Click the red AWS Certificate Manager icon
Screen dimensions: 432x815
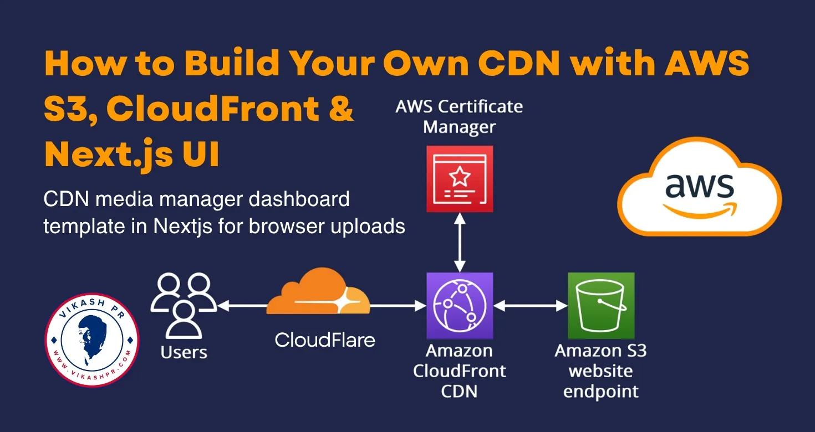tap(460, 179)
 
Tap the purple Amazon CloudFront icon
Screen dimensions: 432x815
tap(460, 305)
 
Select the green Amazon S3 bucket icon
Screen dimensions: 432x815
tap(601, 305)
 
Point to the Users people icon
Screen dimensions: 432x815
tap(184, 306)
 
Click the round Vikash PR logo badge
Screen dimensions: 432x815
tap(91, 340)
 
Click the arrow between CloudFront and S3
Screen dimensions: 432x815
tap(530, 305)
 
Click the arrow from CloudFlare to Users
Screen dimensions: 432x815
tap(243, 305)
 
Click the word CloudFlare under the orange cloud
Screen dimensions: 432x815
tap(325, 339)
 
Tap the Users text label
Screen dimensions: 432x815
tap(184, 352)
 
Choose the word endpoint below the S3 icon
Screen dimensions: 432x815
tap(601, 392)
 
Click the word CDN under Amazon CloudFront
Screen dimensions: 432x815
tap(460, 392)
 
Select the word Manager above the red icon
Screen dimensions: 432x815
tap(460, 127)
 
